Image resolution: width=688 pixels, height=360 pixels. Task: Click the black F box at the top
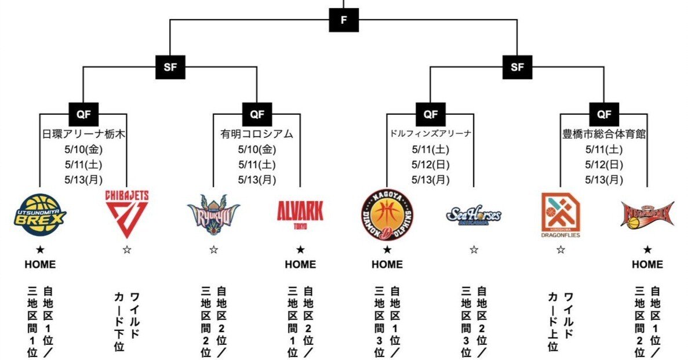(344, 20)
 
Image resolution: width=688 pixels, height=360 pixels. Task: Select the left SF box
(170, 67)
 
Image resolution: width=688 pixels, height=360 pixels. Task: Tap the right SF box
(517, 67)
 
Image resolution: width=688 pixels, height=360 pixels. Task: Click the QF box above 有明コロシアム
(257, 114)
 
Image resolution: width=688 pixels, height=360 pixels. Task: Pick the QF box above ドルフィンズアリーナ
(430, 114)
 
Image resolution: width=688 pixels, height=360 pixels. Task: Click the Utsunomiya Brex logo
(40, 214)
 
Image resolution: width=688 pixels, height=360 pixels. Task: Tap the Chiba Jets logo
(126, 214)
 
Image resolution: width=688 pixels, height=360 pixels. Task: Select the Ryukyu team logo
(213, 214)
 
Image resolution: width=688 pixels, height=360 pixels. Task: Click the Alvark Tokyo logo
(300, 213)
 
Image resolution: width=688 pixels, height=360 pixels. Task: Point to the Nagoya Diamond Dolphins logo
(387, 214)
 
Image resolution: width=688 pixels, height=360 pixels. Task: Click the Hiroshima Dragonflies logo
(560, 215)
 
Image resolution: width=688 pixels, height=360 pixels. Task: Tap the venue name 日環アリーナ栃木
(84, 134)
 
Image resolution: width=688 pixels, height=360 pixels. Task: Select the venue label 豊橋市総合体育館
(604, 134)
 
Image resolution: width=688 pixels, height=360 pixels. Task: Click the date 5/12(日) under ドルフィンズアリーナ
(430, 164)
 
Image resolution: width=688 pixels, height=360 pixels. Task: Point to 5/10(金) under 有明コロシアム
(257, 150)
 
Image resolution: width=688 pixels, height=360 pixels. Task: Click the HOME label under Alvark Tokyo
(300, 264)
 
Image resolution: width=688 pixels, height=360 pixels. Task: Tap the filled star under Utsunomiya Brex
(40, 249)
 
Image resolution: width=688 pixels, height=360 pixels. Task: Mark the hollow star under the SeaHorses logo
(474, 249)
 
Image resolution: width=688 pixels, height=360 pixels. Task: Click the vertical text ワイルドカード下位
(126, 319)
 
